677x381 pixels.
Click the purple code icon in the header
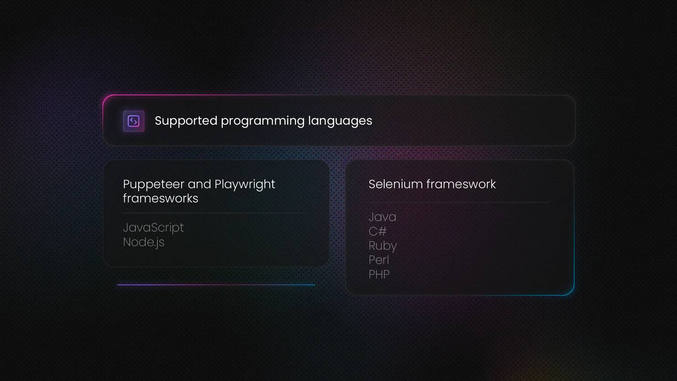(x=134, y=121)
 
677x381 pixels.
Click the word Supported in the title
(x=186, y=121)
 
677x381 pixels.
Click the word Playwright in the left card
(x=245, y=185)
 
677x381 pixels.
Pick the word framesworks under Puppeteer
(x=161, y=199)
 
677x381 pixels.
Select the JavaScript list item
(x=153, y=228)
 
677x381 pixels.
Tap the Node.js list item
(x=144, y=242)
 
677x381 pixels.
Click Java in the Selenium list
(x=382, y=217)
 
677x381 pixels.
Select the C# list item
(x=377, y=232)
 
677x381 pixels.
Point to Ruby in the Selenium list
(x=382, y=246)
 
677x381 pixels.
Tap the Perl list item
(x=379, y=260)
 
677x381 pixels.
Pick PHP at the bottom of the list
(x=379, y=274)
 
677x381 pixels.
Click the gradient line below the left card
(x=216, y=285)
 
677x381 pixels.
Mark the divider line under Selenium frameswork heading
(x=457, y=202)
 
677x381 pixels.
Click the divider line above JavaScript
(x=215, y=213)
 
